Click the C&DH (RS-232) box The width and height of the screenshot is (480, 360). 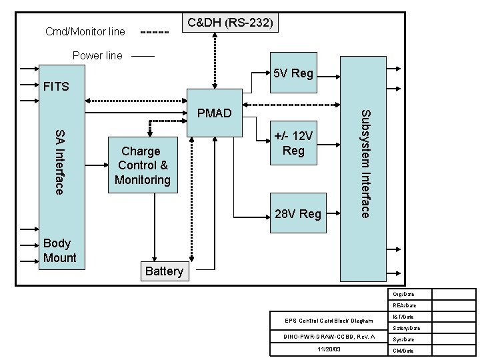(x=229, y=23)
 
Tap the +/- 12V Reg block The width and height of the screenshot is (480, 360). (x=293, y=143)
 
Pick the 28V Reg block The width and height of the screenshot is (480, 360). (x=298, y=214)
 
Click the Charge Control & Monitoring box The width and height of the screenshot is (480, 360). (x=143, y=165)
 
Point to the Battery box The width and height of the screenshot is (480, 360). (x=164, y=271)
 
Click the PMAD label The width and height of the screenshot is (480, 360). (x=215, y=113)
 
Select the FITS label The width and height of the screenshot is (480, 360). (x=55, y=87)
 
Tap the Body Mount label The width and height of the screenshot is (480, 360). (x=59, y=251)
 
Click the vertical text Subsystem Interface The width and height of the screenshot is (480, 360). (x=365, y=163)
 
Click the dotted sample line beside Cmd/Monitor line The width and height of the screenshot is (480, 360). (x=156, y=31)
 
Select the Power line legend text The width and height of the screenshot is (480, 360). (x=97, y=56)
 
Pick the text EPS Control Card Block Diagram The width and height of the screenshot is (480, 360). (x=329, y=321)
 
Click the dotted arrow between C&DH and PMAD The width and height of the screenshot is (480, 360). (x=215, y=60)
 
